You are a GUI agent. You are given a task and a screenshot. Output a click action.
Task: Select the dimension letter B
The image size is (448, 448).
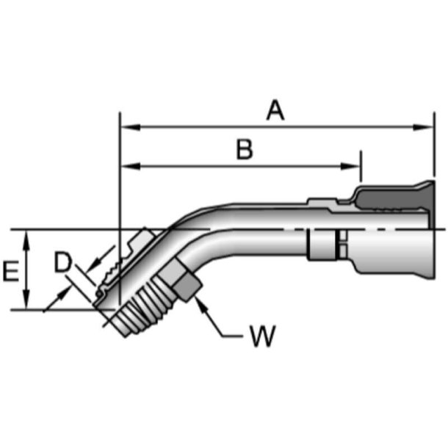(245, 149)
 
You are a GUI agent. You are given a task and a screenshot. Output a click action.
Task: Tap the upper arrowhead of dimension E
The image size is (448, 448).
(26, 237)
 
